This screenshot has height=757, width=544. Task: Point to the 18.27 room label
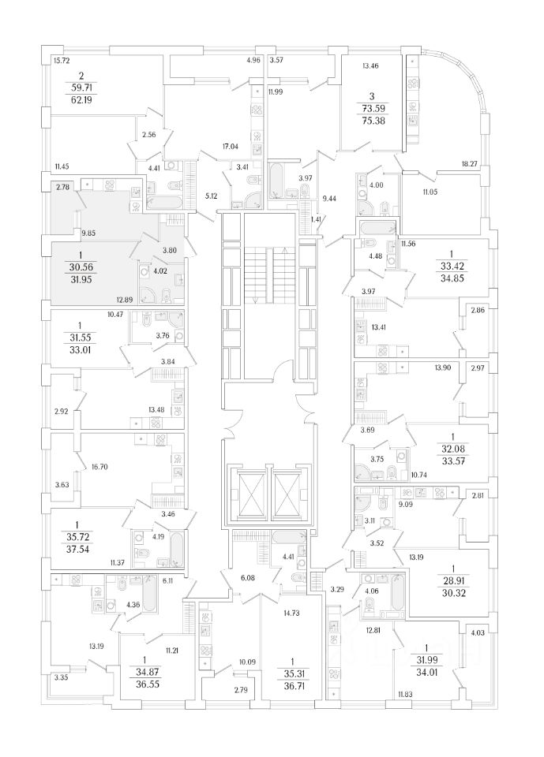[x=471, y=163]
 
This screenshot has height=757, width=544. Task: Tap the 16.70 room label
[x=99, y=467]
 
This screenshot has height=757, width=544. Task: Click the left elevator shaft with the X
[x=249, y=491]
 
